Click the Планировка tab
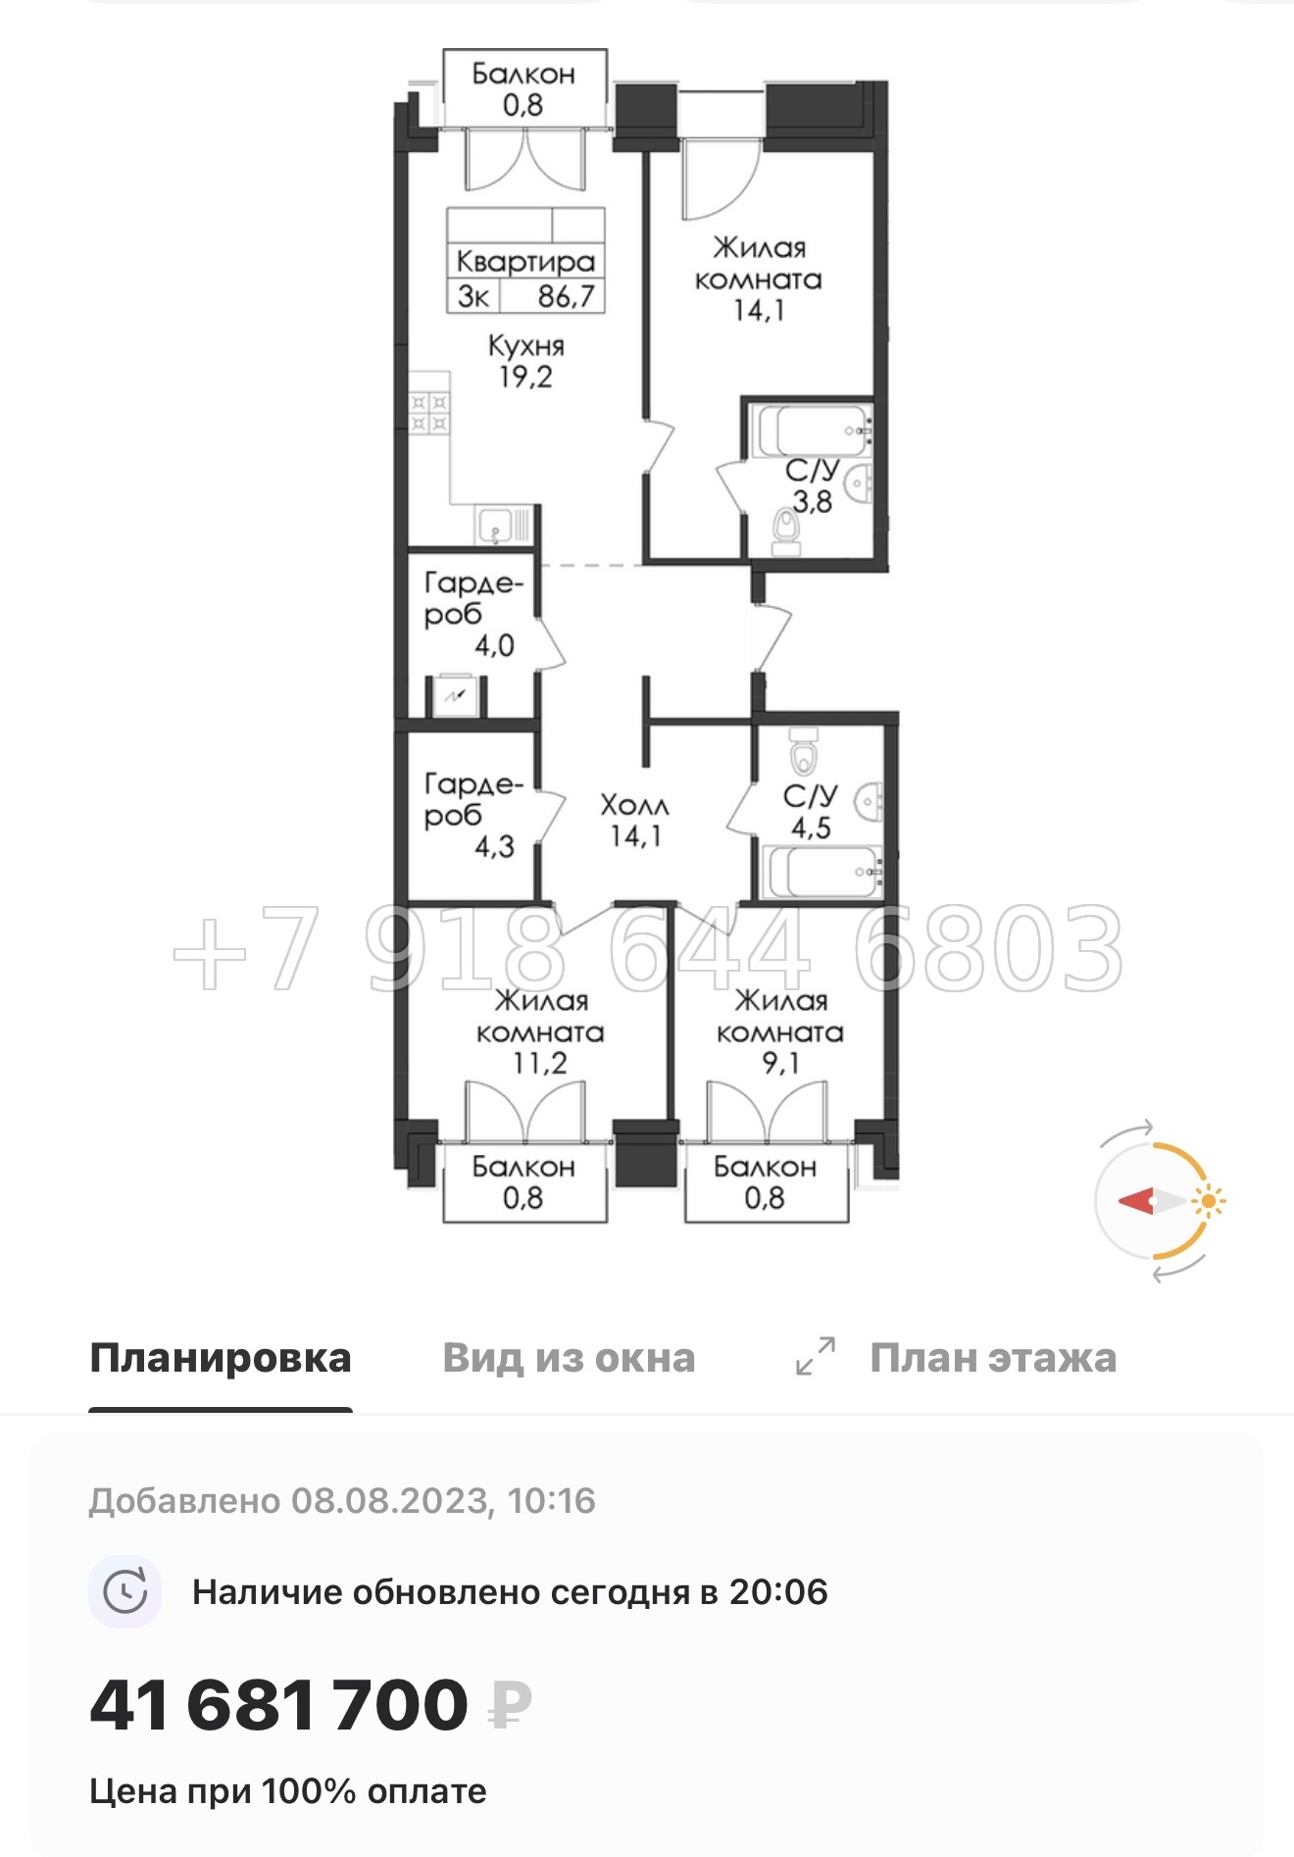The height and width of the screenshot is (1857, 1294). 220,1358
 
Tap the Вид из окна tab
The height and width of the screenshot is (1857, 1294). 569,1358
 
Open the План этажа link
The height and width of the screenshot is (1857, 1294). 993,1358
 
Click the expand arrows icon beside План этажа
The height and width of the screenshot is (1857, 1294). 816,1356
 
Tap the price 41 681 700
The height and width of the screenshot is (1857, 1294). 279,1705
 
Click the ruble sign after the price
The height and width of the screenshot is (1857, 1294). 511,1707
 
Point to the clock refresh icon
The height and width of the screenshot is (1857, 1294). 125,1591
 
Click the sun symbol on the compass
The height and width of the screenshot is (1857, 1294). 1209,1201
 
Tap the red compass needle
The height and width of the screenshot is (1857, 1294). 1137,1201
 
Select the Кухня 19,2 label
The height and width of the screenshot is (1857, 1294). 526,361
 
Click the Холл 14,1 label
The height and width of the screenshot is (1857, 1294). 634,821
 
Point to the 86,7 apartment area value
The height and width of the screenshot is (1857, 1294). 566,296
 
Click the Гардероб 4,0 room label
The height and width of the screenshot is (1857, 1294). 471,614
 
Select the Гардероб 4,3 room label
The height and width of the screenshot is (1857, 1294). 471,814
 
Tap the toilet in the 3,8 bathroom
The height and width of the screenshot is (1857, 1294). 786,530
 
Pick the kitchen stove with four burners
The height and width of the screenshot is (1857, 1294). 429,413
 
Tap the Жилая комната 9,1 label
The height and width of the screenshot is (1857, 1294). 780,1030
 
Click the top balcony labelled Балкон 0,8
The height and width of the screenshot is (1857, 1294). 523,88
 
